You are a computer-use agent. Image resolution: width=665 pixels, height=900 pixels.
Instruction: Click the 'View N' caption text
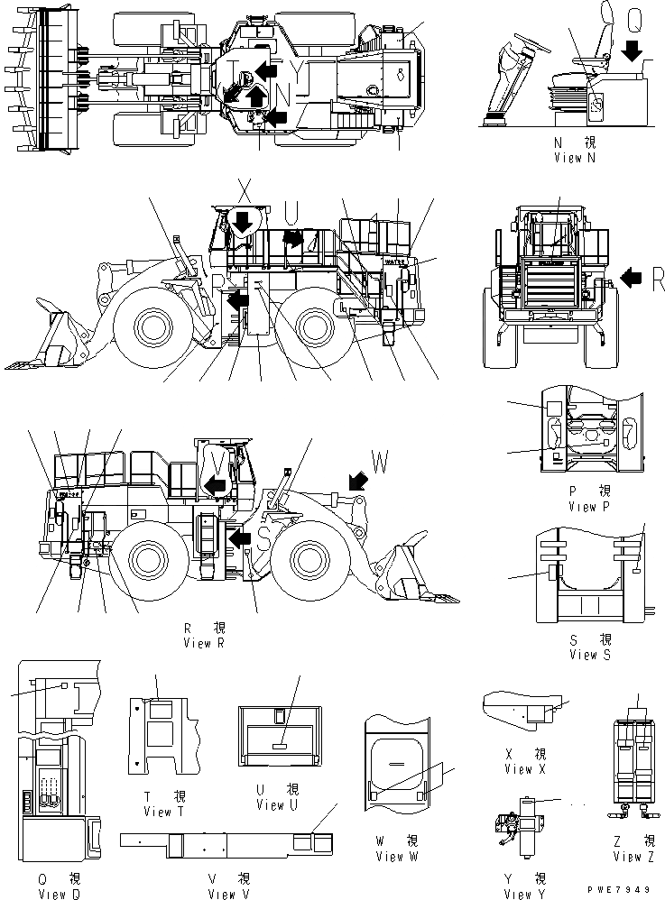575,157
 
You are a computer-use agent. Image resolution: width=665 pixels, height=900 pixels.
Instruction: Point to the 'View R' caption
209,643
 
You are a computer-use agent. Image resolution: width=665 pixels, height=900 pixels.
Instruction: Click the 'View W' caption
398,857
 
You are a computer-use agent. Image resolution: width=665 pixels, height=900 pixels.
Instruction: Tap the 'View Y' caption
524,894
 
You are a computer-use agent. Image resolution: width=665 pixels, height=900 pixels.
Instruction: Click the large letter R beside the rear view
657,281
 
